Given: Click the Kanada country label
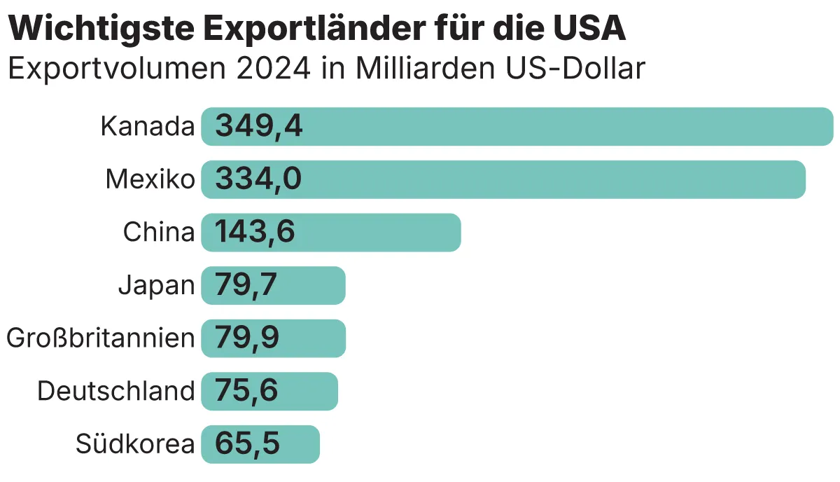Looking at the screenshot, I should pyautogui.click(x=147, y=127).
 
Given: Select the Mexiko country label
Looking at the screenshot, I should pyautogui.click(x=150, y=180).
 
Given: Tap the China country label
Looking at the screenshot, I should pyautogui.click(x=159, y=233).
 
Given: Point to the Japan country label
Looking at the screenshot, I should pyautogui.click(x=156, y=286).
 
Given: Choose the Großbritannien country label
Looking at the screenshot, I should pyautogui.click(x=100, y=338).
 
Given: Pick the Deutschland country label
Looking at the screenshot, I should pyautogui.click(x=115, y=391).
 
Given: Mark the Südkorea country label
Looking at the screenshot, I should pyautogui.click(x=134, y=444).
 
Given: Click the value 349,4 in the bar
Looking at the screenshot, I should pyautogui.click(x=258, y=127).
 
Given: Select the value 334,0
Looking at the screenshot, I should pyautogui.click(x=258, y=180).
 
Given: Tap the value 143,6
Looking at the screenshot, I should pyautogui.click(x=255, y=233).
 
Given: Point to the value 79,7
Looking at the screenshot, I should pyautogui.click(x=246, y=286).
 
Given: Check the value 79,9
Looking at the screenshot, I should pyautogui.click(x=247, y=338).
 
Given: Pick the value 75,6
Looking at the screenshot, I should pyautogui.click(x=246, y=391).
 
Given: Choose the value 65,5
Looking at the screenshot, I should pyautogui.click(x=247, y=444).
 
